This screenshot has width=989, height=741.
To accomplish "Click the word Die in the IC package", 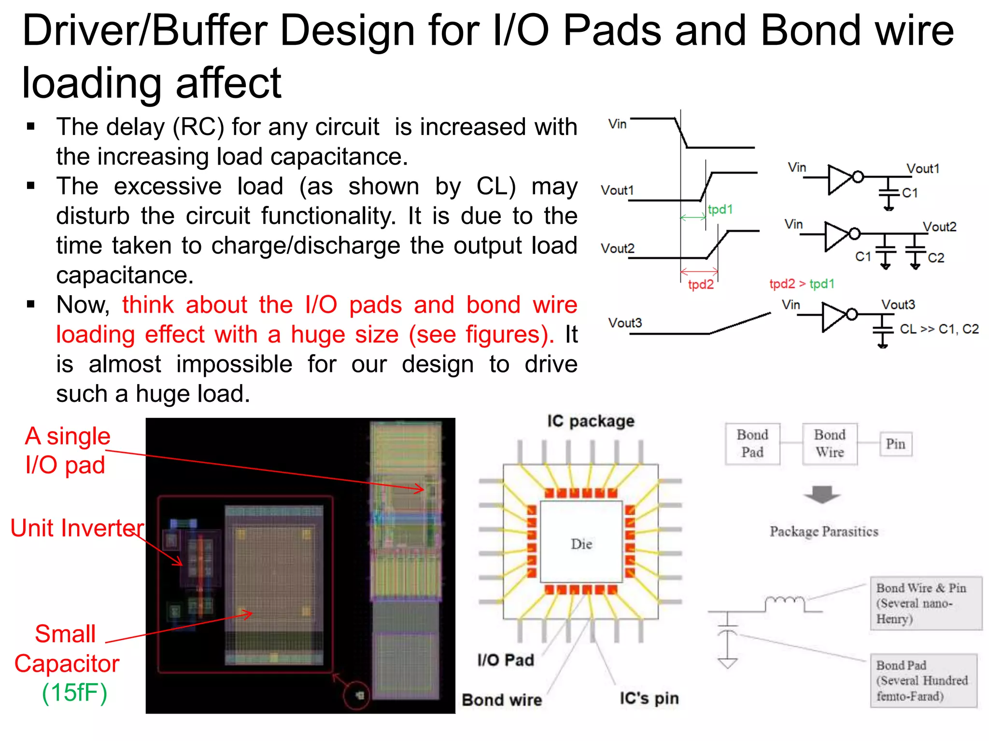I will click(x=581, y=544).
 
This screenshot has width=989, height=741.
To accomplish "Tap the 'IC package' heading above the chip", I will click(x=591, y=421).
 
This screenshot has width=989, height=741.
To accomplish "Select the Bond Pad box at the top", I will click(x=752, y=443).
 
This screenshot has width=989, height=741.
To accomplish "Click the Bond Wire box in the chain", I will click(x=830, y=443).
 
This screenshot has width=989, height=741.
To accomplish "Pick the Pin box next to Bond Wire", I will click(x=895, y=444).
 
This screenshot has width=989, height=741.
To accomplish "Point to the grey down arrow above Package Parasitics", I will click(x=822, y=495).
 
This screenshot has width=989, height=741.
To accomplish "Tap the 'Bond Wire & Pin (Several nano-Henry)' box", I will click(x=926, y=603).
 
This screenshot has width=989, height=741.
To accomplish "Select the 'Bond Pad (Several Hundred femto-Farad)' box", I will click(x=923, y=680).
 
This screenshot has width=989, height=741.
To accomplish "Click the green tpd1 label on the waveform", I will click(x=720, y=209).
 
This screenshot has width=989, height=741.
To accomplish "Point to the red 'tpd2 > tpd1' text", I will click(x=802, y=284).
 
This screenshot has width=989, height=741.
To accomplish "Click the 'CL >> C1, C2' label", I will click(x=939, y=329).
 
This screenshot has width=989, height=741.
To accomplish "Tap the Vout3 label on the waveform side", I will click(x=625, y=323).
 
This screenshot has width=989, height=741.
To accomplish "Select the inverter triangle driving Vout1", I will click(x=840, y=179).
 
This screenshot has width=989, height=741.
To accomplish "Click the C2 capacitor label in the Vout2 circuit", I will click(x=936, y=258).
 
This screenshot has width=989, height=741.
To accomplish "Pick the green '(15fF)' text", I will click(x=74, y=693).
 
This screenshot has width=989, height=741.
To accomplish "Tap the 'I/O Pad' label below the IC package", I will click(x=506, y=659).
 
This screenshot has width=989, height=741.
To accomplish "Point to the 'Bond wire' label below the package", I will click(x=502, y=700).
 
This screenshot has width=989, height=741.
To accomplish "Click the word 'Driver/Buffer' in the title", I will click(x=144, y=30).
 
